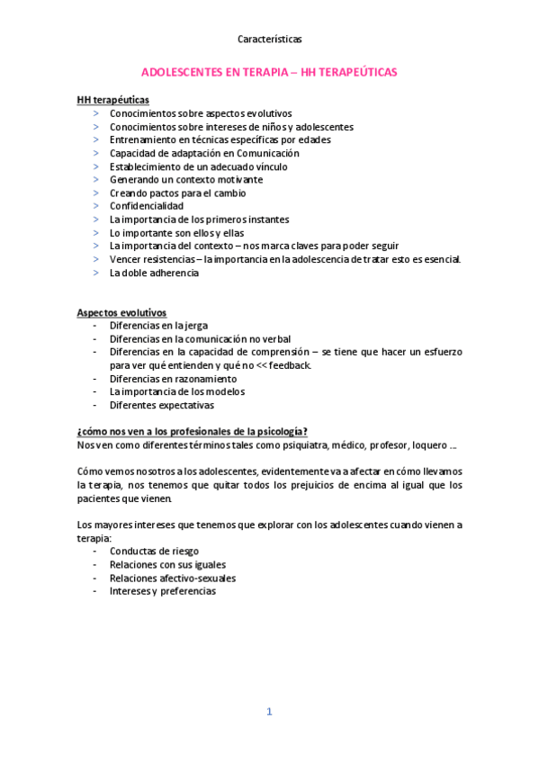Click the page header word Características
tap(269, 40)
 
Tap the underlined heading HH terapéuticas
tap(113, 100)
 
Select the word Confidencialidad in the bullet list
tap(146, 206)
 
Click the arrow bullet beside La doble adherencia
tap(96, 273)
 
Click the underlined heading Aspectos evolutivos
tap(121, 312)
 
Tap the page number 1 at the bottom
tap(268, 711)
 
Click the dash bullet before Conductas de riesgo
tap(96, 552)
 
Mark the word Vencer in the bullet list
tap(125, 259)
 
